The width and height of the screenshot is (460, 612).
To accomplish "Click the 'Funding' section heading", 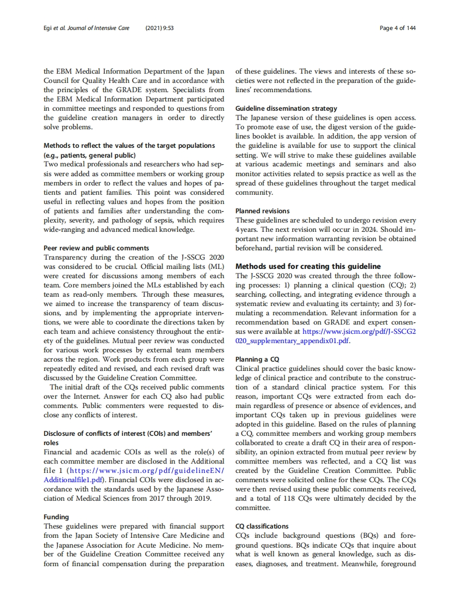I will click(x=56, y=517).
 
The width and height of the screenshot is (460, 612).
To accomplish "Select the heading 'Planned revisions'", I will click(x=262, y=211).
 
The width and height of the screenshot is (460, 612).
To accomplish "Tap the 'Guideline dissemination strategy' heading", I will click(x=286, y=108).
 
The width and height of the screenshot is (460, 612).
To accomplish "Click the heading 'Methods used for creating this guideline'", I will click(x=308, y=266).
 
